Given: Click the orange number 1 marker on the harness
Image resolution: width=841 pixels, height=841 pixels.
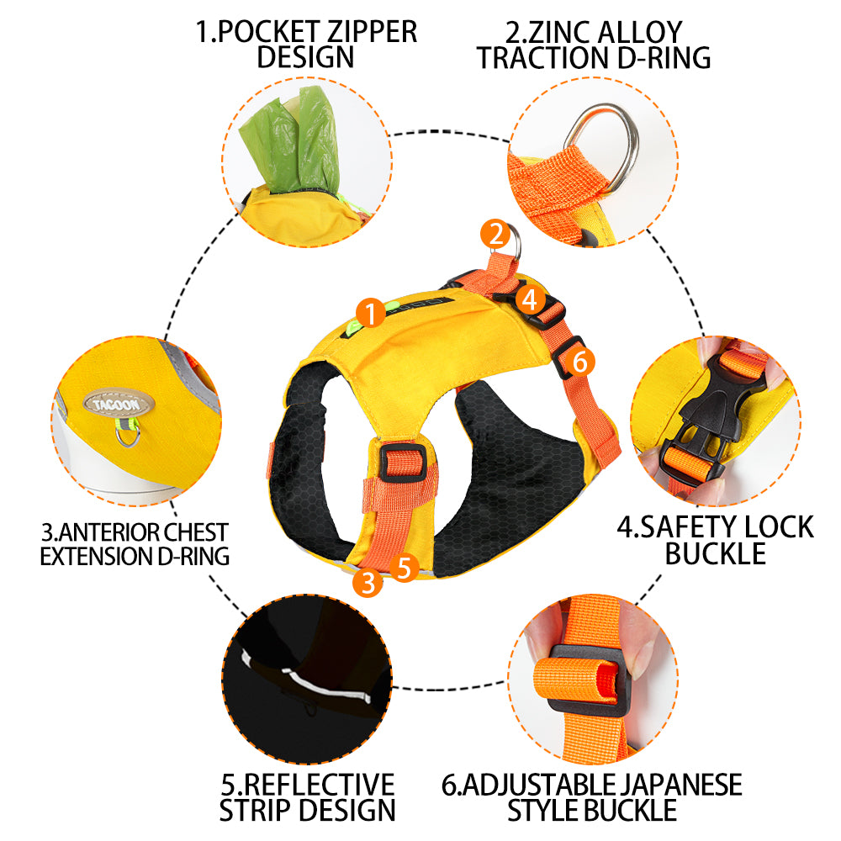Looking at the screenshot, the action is (370, 313).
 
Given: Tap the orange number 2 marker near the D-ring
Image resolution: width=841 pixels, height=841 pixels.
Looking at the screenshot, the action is (495, 234).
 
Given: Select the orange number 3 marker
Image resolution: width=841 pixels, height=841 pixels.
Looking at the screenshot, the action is (368, 582).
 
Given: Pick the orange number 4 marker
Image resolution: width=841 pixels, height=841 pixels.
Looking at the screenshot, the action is (530, 300).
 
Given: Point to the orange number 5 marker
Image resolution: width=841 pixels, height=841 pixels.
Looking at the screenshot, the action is (405, 568).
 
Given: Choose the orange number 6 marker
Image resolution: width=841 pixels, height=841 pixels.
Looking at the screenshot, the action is (579, 362).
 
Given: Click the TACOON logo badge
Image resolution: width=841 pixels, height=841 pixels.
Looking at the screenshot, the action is (119, 404).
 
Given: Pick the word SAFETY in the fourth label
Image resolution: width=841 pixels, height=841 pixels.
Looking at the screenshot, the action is (677, 527).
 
